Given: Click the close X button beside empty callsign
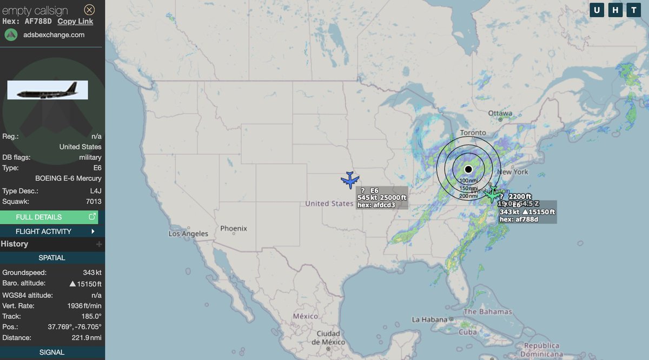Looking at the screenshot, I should [89, 10].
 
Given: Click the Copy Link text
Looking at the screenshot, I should [75, 21].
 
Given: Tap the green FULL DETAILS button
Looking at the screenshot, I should [52, 217].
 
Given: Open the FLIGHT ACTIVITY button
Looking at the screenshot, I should [52, 231].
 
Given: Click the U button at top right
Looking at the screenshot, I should [597, 10].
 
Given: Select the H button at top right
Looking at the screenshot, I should [614, 10].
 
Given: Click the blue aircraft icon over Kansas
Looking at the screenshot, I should [350, 179].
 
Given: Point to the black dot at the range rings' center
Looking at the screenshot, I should [468, 169].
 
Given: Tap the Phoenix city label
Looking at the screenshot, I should [234, 229].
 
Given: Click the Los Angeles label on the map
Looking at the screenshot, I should [188, 234].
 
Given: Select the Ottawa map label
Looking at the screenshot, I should [500, 114].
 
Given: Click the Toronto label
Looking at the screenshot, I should [473, 133].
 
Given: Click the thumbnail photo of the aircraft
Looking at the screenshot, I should [48, 90].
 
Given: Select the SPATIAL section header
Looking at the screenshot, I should [52, 258].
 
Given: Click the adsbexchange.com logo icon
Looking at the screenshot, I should [11, 35].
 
